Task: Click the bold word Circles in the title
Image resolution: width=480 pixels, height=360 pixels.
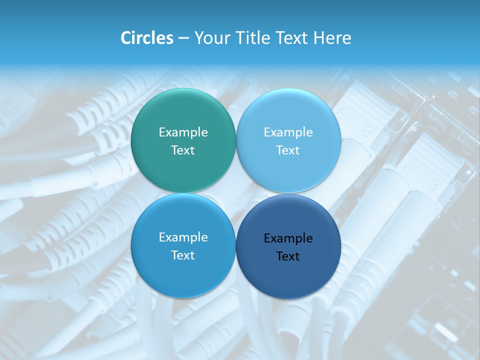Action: click(147, 38)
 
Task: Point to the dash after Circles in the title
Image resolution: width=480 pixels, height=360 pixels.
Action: click(183, 38)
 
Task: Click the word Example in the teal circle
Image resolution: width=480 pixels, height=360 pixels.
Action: click(183, 132)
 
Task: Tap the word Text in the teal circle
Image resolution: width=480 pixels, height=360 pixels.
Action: click(183, 150)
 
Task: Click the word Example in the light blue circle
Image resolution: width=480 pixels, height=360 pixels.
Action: click(288, 132)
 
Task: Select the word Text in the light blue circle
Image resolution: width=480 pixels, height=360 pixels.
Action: click(288, 150)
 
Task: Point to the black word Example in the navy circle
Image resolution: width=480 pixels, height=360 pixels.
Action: click(288, 238)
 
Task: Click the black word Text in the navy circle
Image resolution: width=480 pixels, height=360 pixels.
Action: click(288, 256)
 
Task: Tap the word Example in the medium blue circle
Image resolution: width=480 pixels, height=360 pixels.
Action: click(183, 237)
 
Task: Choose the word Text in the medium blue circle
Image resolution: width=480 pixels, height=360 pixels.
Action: click(183, 255)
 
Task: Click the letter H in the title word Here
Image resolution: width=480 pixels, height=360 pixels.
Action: click(318, 38)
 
